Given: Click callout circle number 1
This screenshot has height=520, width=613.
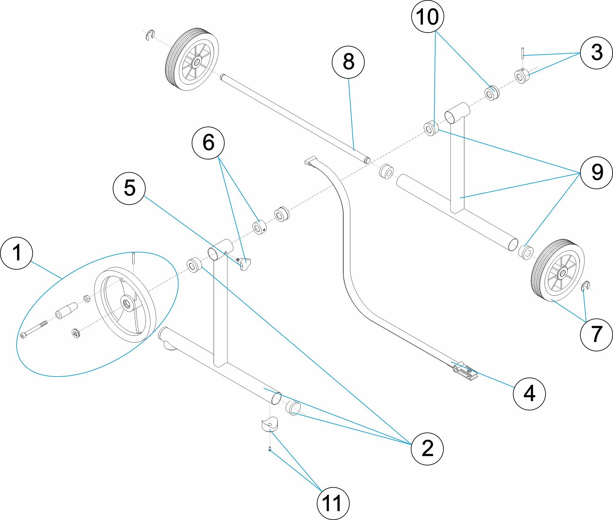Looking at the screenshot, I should tap(17, 253).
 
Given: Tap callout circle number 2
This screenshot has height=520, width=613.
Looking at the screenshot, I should tap(427, 449).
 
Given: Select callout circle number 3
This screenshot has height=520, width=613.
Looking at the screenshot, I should tap(596, 53).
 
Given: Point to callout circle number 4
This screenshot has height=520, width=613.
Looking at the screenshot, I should tap(529, 394).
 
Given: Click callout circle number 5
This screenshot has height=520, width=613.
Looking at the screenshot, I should tap(129, 188).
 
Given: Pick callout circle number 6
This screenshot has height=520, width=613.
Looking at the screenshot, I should tap(208, 143).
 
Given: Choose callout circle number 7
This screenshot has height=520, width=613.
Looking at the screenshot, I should tap(596, 335).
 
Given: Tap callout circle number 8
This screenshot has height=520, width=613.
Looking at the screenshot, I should tap(348, 62).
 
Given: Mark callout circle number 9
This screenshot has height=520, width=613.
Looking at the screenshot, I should tap(596, 173).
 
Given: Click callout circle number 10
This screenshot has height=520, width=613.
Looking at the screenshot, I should tap(427, 17).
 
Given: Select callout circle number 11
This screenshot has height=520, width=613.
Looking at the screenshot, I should tap(333, 503).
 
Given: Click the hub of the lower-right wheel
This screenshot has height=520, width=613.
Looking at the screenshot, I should tap(562, 273).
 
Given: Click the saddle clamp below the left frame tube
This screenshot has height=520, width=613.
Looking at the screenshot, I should tap(269, 425).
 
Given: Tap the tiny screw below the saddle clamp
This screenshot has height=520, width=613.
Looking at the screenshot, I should tap(269, 450).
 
